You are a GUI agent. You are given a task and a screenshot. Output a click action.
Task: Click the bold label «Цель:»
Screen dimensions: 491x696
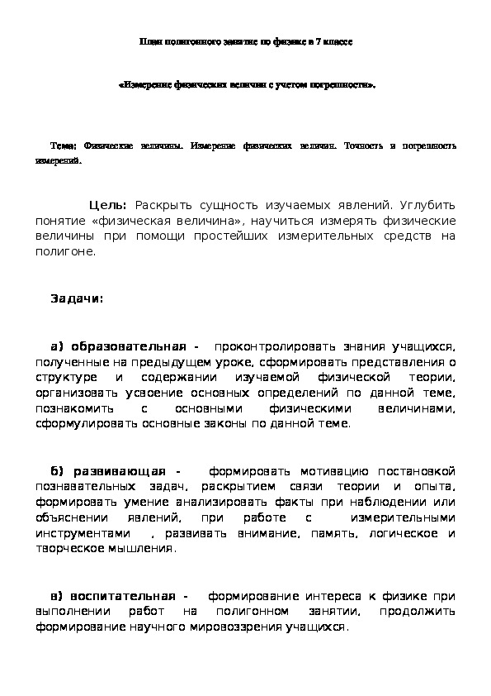[107, 205]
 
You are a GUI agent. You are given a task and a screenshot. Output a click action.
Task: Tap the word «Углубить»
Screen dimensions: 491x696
[427, 205]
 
